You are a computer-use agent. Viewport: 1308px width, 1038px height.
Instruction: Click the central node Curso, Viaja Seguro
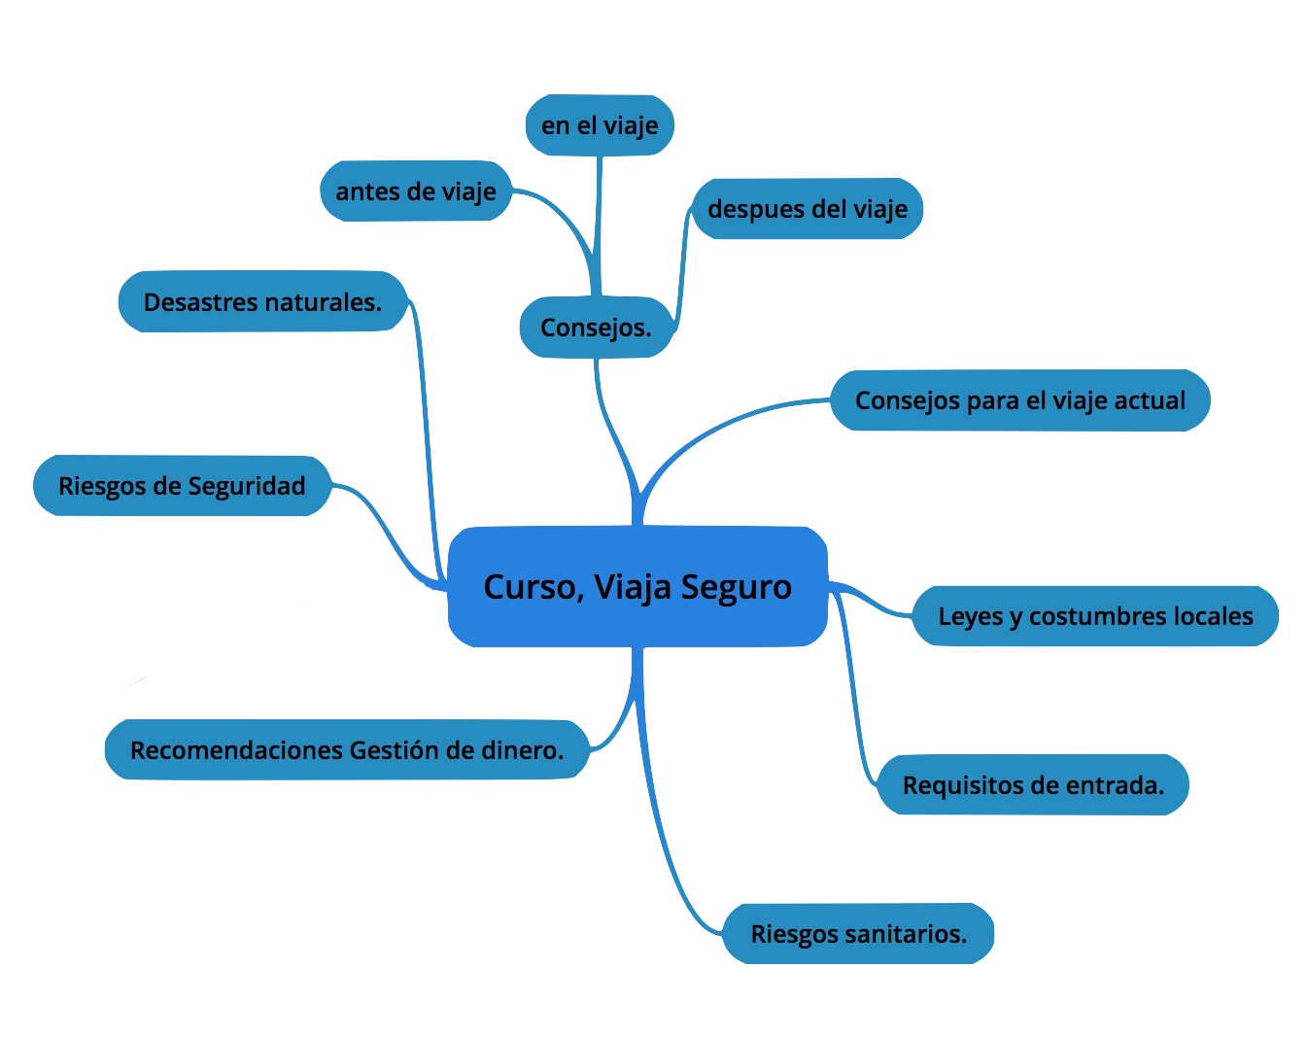[637, 587]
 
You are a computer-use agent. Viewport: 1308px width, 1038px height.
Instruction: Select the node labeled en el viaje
[600, 125]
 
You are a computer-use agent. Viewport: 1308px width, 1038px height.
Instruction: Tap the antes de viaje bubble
[416, 190]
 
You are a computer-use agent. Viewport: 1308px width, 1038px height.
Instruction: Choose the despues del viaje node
[808, 209]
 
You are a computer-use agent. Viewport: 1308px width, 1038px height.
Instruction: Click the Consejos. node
[597, 328]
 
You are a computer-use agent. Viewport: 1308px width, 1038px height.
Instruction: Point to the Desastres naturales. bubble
[262, 301]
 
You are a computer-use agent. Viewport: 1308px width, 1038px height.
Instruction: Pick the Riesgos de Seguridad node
[183, 485]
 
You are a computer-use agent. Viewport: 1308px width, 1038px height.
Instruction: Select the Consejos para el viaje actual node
[1020, 400]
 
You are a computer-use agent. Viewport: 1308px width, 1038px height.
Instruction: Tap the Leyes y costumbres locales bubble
[1095, 616]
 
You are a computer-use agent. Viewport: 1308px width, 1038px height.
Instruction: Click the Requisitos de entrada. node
[1033, 785]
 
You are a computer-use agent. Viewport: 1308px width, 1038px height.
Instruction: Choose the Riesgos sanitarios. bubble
[858, 934]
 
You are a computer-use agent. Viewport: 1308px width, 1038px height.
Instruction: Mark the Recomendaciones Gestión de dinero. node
[347, 749]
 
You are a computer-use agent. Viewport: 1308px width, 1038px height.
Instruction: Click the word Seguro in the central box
[736, 588]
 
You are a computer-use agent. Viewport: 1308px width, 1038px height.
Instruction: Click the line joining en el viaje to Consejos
[599, 226]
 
